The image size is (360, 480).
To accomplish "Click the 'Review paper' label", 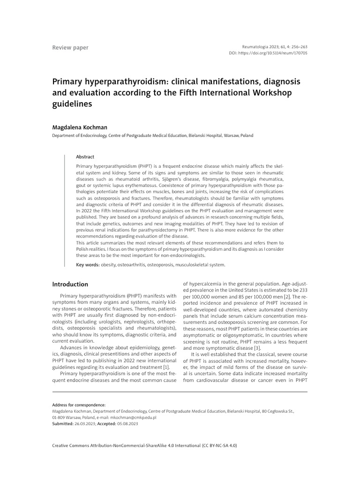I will [x=70, y=48].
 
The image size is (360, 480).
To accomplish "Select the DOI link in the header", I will [x=279, y=53].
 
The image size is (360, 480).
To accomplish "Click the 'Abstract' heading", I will [x=85, y=157].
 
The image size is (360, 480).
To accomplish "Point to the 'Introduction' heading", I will [x=70, y=284].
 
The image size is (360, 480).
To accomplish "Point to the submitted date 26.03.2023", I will [x=84, y=423].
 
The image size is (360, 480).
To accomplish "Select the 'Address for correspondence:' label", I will [x=79, y=405].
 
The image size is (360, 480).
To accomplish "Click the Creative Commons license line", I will [x=144, y=445].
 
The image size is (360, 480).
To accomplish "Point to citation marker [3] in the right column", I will [x=256, y=348].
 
